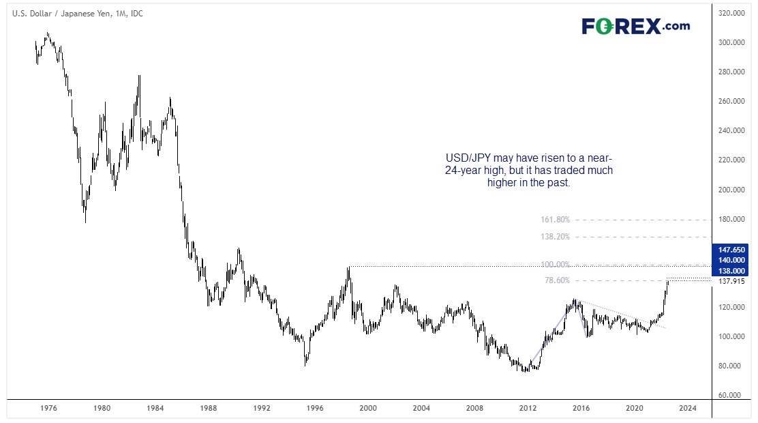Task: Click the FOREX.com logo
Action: pyautogui.click(x=635, y=27)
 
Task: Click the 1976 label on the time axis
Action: pyautogui.click(x=48, y=408)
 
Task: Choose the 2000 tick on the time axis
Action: pyautogui.click(x=368, y=408)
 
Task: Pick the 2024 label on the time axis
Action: pyautogui.click(x=687, y=408)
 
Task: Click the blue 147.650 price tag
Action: pyautogui.click(x=733, y=249)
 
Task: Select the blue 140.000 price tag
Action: pyautogui.click(x=733, y=260)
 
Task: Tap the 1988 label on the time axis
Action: pyautogui.click(x=209, y=408)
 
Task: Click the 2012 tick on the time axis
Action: pyautogui.click(x=528, y=408)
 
